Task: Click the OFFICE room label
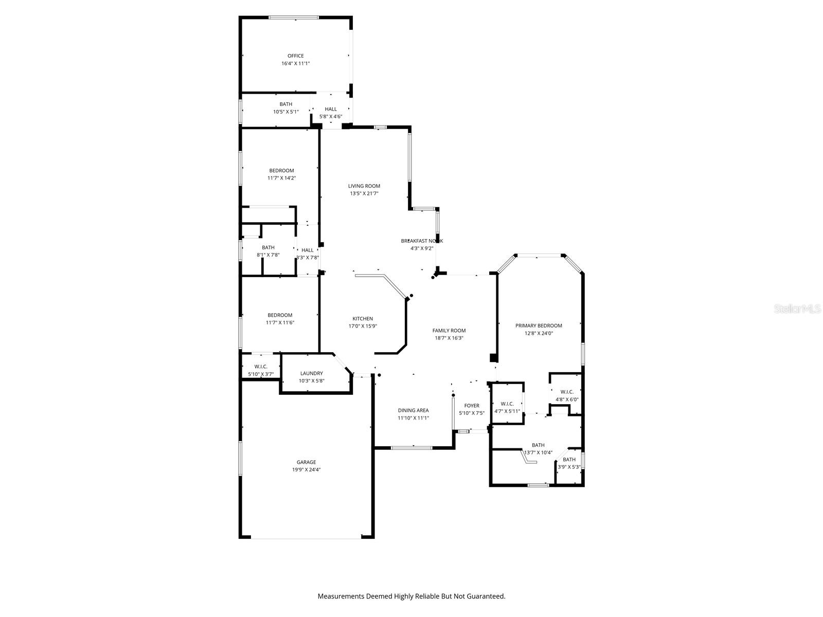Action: click(295, 56)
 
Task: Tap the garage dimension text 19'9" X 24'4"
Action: click(306, 469)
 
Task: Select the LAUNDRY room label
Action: click(312, 373)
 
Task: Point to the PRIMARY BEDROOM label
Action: click(539, 325)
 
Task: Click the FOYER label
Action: click(472, 406)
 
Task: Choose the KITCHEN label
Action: click(363, 319)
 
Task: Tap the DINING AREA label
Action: click(413, 410)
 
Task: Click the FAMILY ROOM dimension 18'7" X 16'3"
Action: click(449, 338)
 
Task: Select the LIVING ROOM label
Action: click(364, 186)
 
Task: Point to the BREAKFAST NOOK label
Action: click(422, 241)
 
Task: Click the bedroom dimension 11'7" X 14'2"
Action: click(281, 178)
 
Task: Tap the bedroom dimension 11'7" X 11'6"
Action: click(280, 323)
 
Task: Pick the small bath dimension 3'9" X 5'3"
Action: click(569, 467)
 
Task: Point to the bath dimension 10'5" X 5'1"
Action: click(285, 112)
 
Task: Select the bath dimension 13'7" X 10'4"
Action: click(538, 453)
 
